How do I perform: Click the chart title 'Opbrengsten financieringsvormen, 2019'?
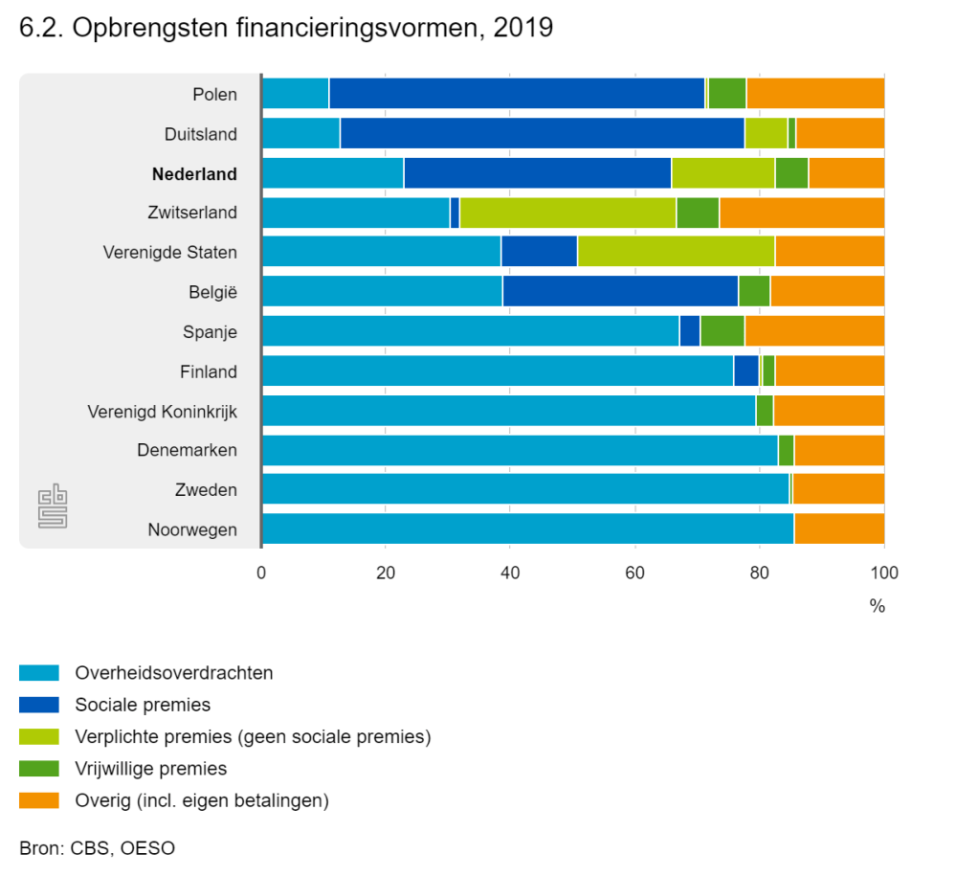click(x=286, y=29)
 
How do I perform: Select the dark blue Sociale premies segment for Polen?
click(x=517, y=94)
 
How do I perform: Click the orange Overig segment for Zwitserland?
click(x=801, y=213)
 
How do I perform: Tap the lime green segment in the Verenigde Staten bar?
click(x=676, y=252)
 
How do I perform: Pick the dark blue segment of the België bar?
click(x=620, y=291)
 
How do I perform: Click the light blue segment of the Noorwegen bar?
click(x=527, y=528)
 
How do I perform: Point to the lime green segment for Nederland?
click(x=723, y=173)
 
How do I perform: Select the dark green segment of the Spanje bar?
click(x=722, y=331)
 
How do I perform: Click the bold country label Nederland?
click(x=194, y=174)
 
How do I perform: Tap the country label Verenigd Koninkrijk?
click(x=162, y=412)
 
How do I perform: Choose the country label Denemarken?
click(x=187, y=450)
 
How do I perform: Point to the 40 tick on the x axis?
click(x=510, y=574)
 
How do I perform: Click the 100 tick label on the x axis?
click(x=883, y=574)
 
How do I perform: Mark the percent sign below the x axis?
click(x=877, y=607)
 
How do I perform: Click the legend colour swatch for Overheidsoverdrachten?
click(x=39, y=673)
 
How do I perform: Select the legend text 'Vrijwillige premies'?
click(x=151, y=768)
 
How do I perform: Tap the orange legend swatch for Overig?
click(x=39, y=799)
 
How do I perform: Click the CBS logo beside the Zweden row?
click(x=53, y=508)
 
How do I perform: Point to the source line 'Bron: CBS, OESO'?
click(x=97, y=847)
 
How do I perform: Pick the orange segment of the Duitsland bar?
click(x=839, y=134)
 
